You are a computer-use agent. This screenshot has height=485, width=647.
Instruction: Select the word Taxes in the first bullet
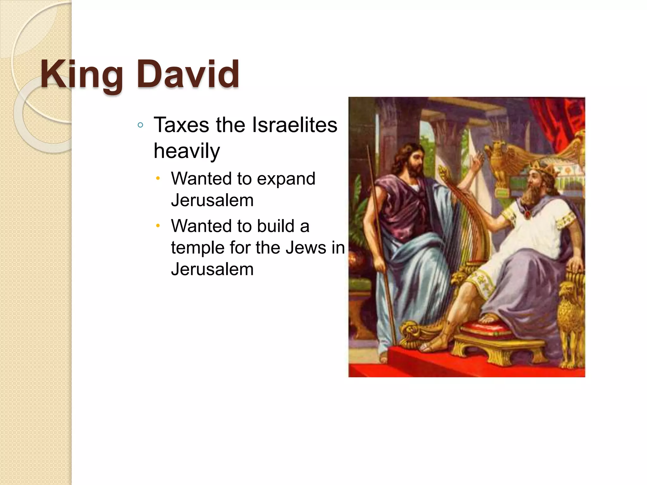pos(181,125)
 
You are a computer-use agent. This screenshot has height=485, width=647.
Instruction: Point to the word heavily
pos(186,151)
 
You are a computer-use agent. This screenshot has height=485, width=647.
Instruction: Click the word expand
pos(286,179)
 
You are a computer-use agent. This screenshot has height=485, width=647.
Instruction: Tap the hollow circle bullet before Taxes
pos(141,125)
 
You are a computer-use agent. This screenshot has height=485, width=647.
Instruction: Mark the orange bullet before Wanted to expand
pos(158,179)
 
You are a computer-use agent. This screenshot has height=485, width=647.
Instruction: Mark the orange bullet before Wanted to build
pos(158,226)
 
